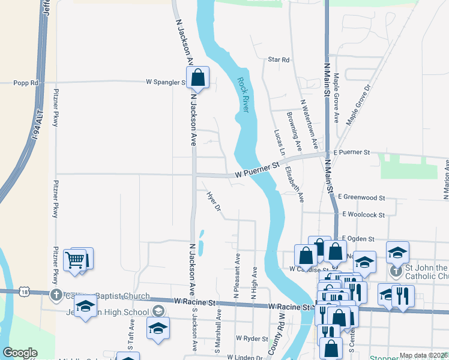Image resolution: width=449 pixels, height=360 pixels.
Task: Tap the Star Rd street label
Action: pos(279,59)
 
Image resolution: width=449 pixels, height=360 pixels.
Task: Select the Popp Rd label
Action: pos(26,83)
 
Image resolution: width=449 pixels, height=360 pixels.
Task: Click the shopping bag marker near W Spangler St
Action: pos(197,78)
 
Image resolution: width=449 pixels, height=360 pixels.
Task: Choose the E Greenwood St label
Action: pos(361,197)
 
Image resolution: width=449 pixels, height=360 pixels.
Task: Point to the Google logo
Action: pos(20,353)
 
